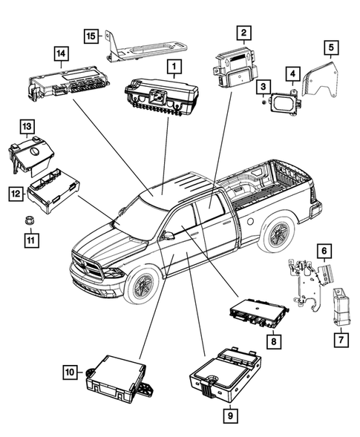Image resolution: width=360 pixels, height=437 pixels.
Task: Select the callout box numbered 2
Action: point(243,32)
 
